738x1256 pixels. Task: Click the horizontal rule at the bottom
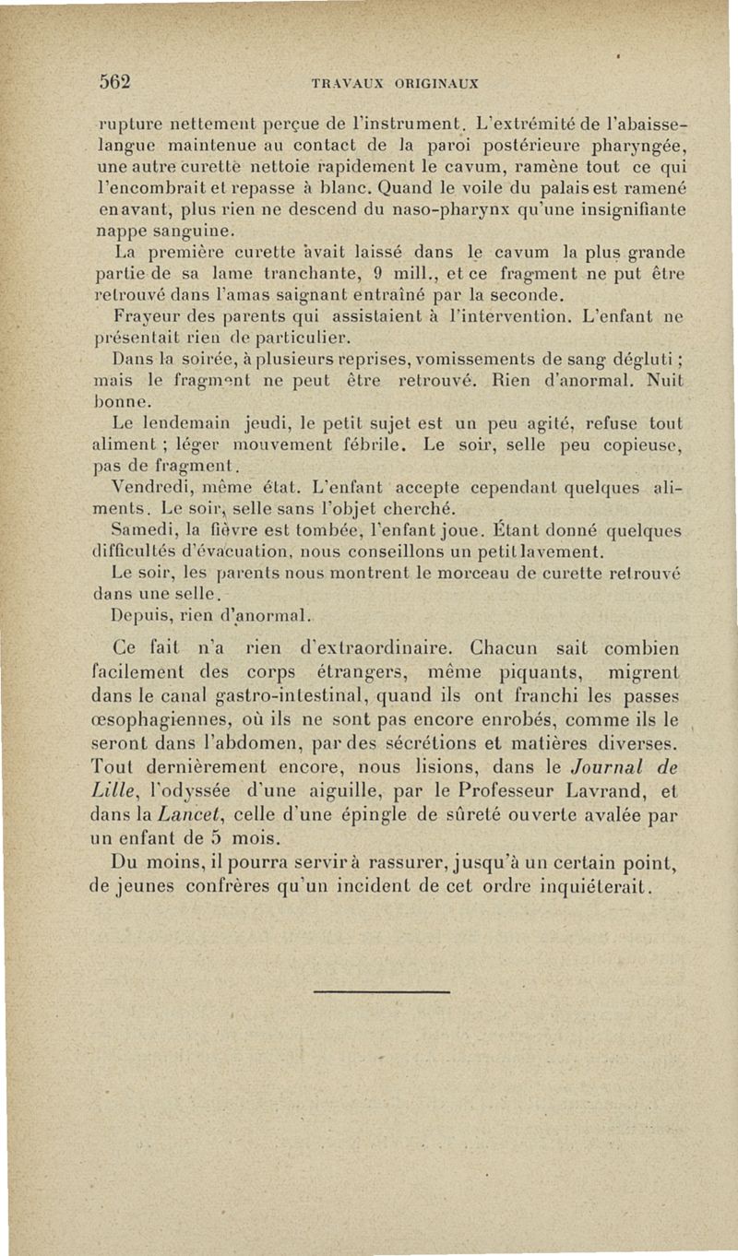(382, 991)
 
